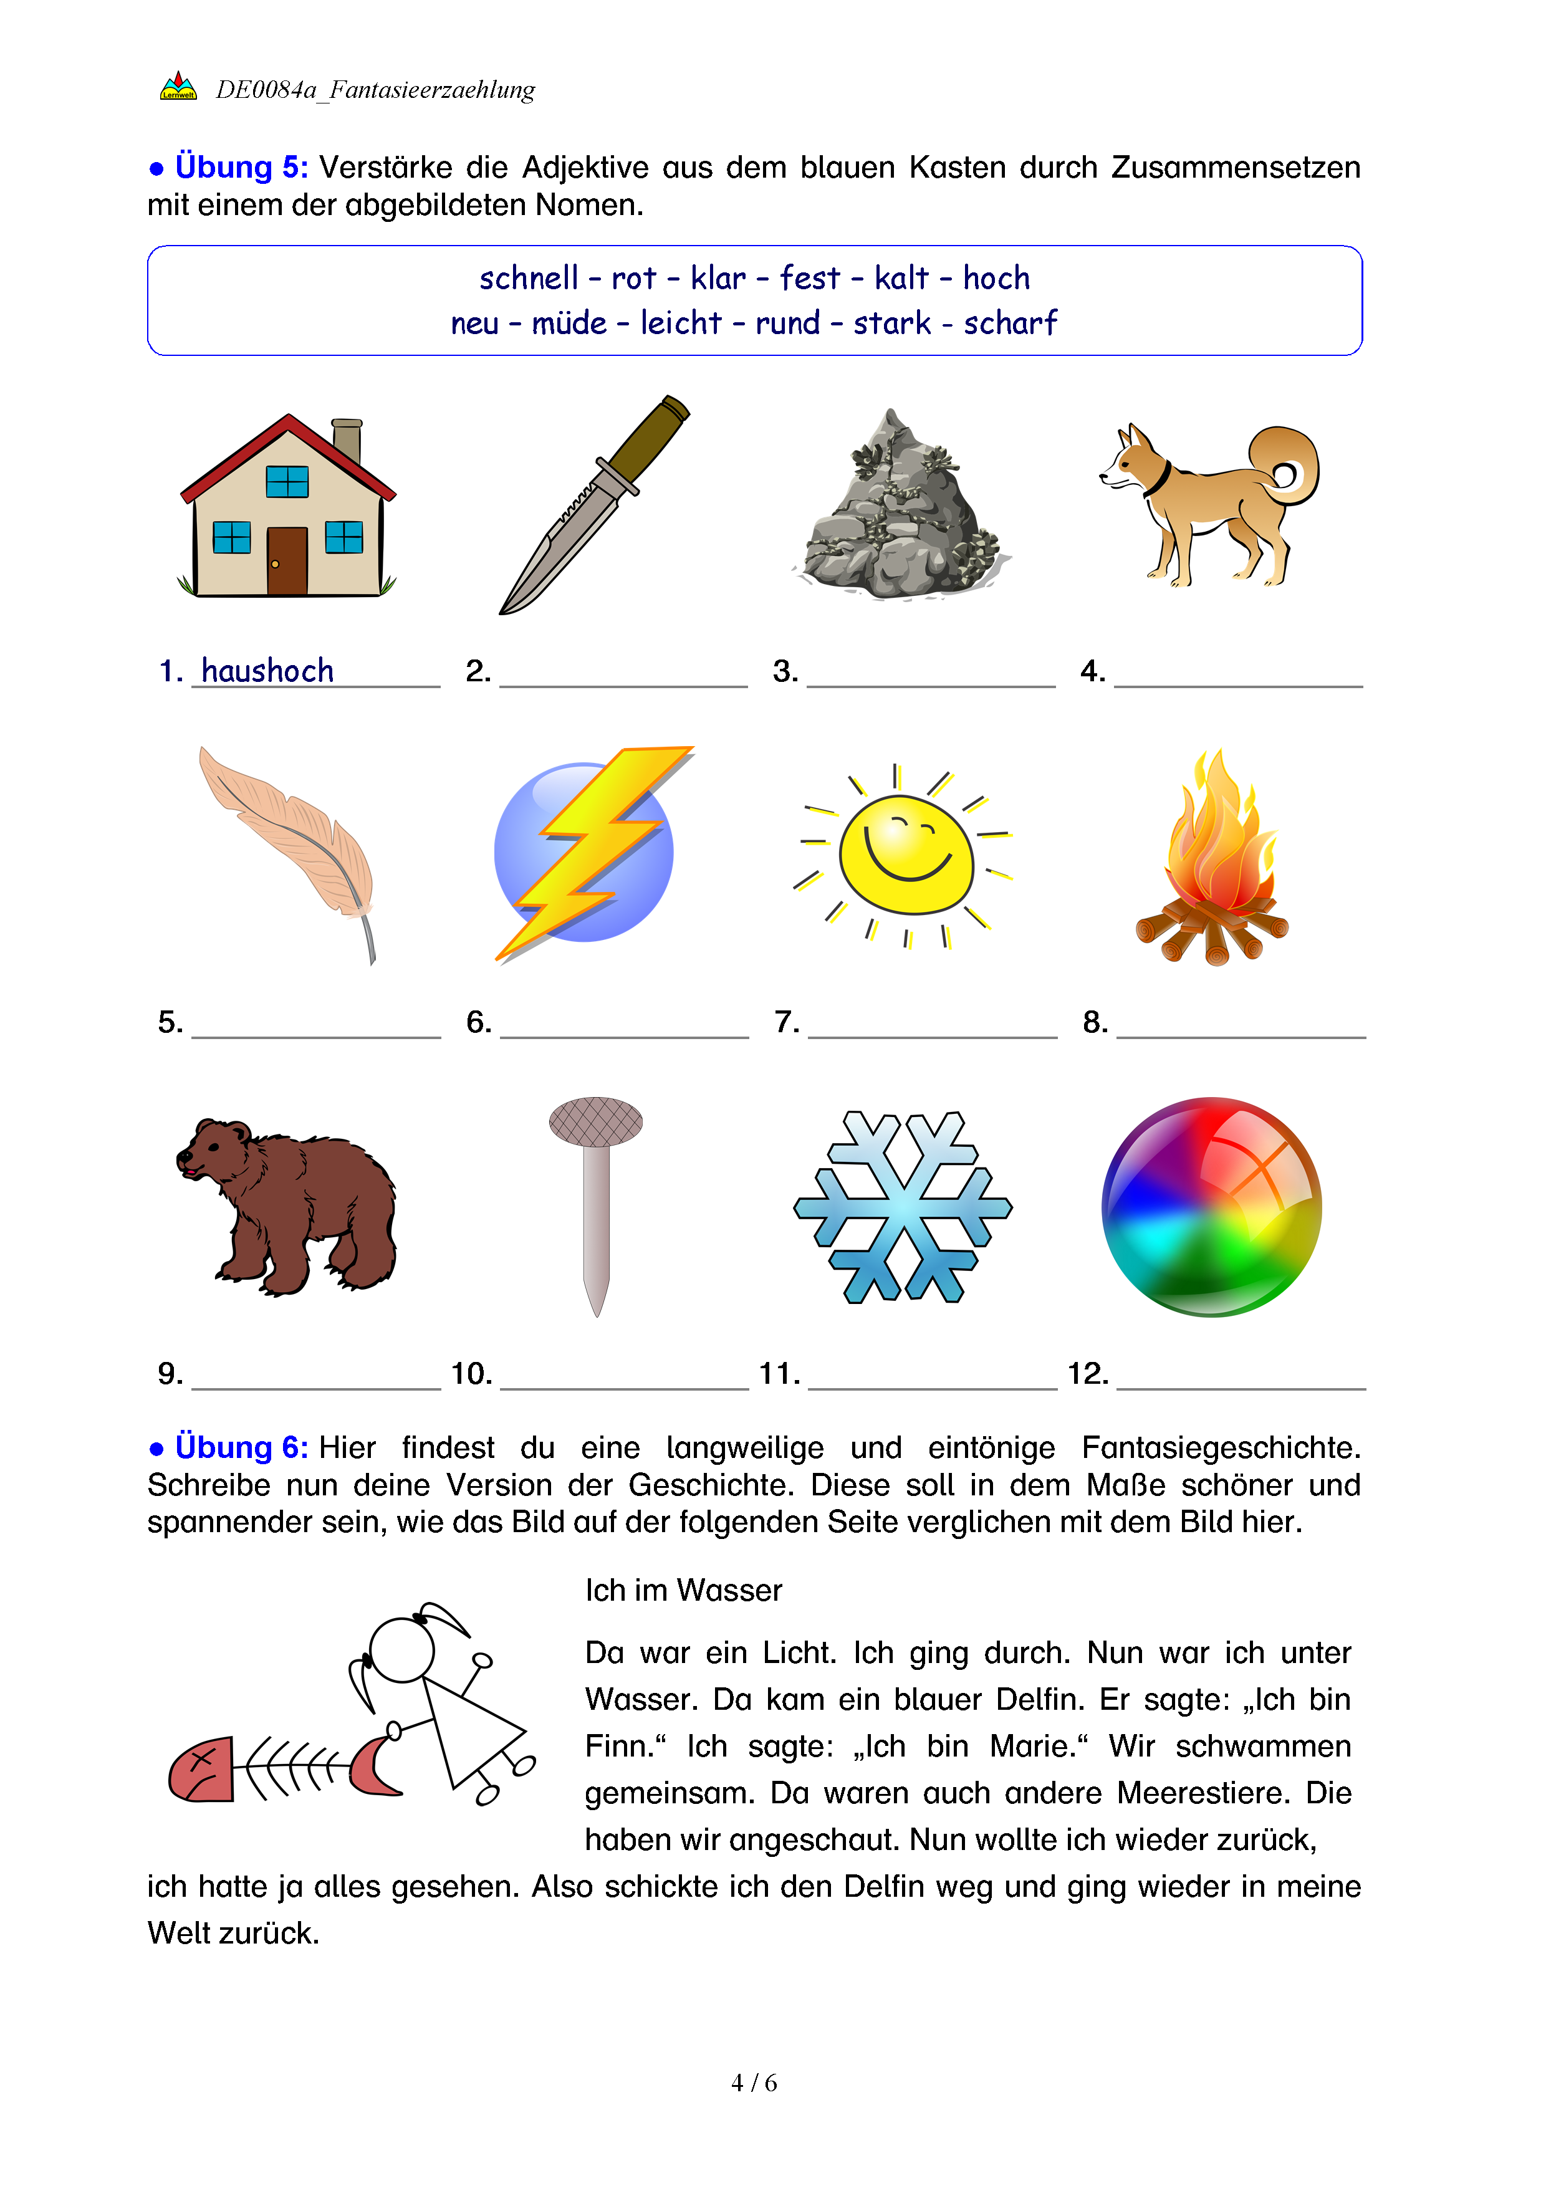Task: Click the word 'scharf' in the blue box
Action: tap(1009, 324)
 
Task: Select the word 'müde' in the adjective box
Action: tap(569, 324)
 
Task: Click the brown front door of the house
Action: tap(287, 561)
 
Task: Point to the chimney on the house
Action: tap(347, 440)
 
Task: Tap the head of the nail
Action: tap(596, 1121)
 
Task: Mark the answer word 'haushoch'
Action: tap(267, 671)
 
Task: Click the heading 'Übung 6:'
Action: tap(241, 1447)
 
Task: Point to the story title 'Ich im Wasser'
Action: tap(683, 1590)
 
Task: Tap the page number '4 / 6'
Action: tap(754, 2083)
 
